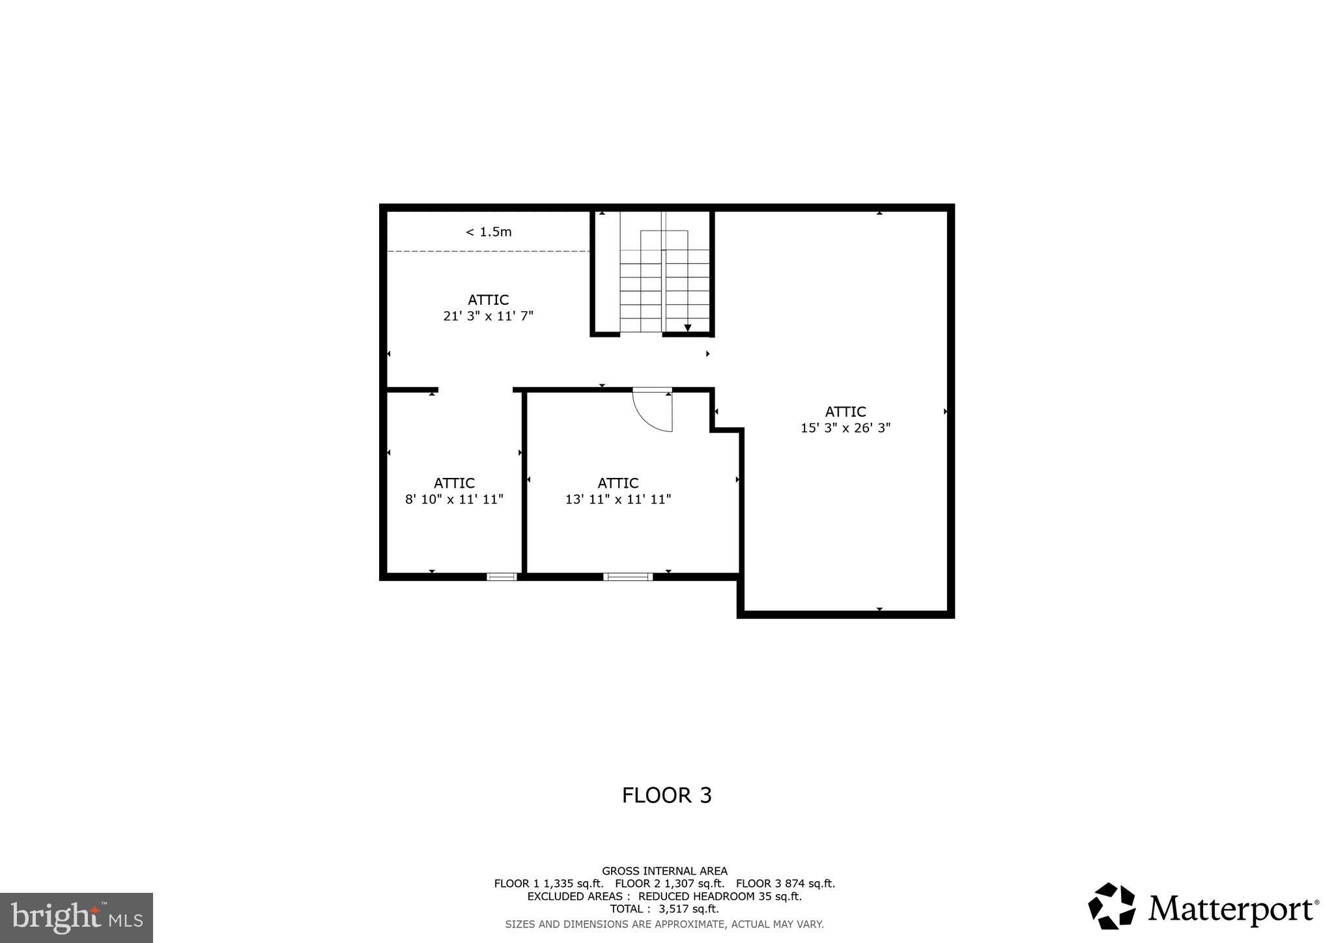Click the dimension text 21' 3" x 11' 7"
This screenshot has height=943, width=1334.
488,316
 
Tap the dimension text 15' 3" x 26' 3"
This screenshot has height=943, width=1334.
845,428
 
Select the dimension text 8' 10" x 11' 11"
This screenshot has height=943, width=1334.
454,500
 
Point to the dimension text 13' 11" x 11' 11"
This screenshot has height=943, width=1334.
617,500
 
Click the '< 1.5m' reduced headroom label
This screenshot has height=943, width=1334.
489,232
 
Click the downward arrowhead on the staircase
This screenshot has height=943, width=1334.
687,328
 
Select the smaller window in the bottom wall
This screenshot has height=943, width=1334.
502,576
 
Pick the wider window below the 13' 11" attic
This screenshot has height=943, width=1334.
627,576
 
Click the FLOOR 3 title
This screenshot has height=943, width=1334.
666,795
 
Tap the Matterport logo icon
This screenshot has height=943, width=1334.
1112,906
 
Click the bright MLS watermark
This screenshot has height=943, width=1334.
76,918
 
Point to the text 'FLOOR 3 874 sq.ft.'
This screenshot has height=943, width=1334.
785,884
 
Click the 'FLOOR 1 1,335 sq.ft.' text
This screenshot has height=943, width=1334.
548,884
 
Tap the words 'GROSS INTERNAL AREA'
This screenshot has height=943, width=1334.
664,871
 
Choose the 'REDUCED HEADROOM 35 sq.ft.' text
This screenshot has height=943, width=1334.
720,896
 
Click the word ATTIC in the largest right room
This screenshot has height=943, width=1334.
845,412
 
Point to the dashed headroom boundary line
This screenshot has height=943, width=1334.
489,251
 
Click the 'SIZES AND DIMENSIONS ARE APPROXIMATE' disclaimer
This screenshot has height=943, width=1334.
664,924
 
